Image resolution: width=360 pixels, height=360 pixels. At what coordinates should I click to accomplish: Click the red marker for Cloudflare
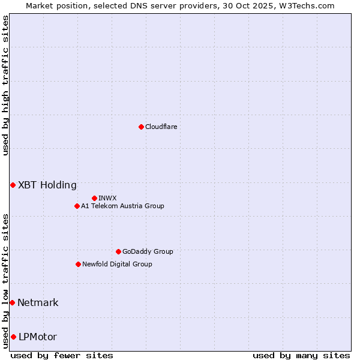pyautogui.click(x=141, y=127)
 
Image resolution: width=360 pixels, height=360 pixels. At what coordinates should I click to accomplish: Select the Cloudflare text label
pyautogui.click(x=161, y=127)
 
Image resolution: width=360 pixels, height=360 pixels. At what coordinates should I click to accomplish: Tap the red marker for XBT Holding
pyautogui.click(x=13, y=185)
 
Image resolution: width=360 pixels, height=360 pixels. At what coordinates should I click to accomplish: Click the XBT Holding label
pyautogui.click(x=47, y=185)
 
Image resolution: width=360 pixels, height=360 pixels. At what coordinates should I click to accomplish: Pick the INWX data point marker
pyautogui.click(x=94, y=198)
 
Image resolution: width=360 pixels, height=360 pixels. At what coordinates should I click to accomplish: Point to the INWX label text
pyautogui.click(x=107, y=198)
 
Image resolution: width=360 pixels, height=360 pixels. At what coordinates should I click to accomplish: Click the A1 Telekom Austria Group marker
pyautogui.click(x=77, y=206)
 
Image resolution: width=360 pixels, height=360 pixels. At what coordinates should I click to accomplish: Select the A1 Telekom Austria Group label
pyautogui.click(x=122, y=206)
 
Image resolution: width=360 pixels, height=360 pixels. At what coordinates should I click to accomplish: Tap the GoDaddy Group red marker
pyautogui.click(x=118, y=251)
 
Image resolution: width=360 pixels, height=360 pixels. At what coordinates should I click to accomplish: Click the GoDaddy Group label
pyautogui.click(x=147, y=251)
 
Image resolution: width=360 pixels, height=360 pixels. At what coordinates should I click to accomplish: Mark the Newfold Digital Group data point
pyautogui.click(x=78, y=264)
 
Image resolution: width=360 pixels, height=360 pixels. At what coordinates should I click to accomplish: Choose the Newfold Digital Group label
pyautogui.click(x=117, y=264)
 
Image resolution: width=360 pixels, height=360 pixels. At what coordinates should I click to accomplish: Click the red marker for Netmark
pyautogui.click(x=12, y=302)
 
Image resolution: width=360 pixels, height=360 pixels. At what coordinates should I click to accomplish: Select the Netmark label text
pyautogui.click(x=38, y=302)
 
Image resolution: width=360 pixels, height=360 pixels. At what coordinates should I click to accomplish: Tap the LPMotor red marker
pyautogui.click(x=13, y=337)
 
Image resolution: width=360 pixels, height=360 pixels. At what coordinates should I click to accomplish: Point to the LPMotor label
pyautogui.click(x=37, y=337)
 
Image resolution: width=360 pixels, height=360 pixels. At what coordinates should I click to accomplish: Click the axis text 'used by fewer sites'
pyautogui.click(x=62, y=355)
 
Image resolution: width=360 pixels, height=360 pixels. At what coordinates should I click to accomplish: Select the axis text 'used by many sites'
pyautogui.click(x=301, y=355)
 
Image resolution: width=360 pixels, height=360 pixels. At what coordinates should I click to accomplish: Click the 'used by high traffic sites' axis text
pyautogui.click(x=5, y=85)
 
